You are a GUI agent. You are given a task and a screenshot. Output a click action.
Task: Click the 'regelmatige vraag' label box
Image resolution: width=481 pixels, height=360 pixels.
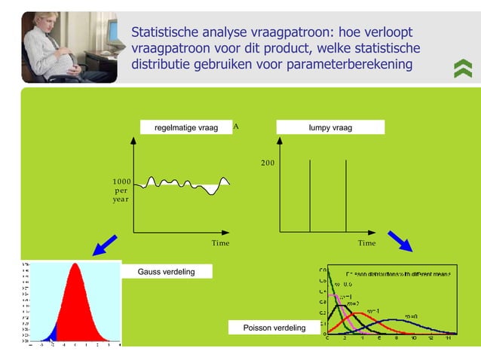coord(186,127)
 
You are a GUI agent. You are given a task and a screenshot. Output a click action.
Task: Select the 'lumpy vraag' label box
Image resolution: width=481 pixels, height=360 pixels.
coord(330,127)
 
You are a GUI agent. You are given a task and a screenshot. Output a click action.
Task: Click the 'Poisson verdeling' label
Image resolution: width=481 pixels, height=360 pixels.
coord(274,328)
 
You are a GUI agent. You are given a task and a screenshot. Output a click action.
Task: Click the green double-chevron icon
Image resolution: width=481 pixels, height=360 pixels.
coord(462,69)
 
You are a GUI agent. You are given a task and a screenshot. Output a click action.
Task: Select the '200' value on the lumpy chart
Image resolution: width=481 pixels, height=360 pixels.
coord(268,163)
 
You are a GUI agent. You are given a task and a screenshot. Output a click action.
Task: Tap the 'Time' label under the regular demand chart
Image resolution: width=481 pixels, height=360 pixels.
coord(220,243)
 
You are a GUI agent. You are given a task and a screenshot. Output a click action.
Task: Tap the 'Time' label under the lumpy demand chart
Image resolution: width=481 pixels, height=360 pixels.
coord(366,243)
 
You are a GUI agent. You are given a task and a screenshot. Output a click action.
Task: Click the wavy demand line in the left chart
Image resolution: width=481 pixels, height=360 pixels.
coord(188,183)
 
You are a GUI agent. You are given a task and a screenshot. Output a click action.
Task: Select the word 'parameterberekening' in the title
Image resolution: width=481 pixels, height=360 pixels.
coord(349,64)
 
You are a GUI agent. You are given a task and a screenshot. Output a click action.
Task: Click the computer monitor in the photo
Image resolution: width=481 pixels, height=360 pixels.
coord(112,31)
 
